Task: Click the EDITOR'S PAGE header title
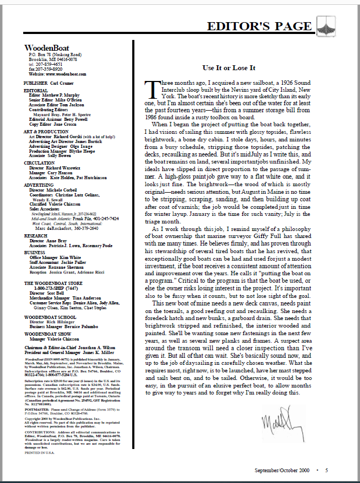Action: tap(259, 26)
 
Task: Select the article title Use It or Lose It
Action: tap(229, 68)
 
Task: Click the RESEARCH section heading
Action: tap(36, 235)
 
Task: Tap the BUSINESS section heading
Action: tap(35, 251)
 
